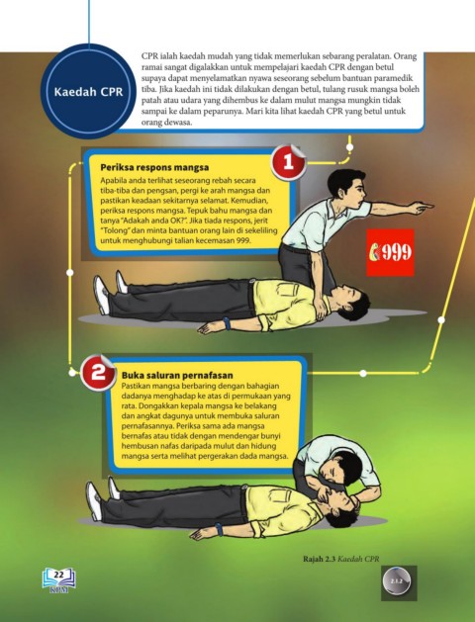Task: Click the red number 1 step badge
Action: (x=289, y=162)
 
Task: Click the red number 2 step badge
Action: (x=98, y=373)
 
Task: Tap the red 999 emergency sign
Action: (x=390, y=252)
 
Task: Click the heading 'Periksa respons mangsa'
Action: (x=154, y=167)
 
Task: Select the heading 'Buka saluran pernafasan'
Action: (x=177, y=375)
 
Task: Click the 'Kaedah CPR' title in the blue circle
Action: (x=88, y=92)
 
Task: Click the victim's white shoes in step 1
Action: (x=110, y=291)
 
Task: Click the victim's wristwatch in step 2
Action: (x=219, y=529)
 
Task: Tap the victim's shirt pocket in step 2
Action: (x=280, y=495)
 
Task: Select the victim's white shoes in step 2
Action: (x=102, y=497)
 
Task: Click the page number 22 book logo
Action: (x=58, y=579)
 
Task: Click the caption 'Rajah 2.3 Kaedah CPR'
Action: (x=341, y=559)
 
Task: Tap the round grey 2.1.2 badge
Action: (x=397, y=581)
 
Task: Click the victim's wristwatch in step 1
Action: (x=227, y=322)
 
